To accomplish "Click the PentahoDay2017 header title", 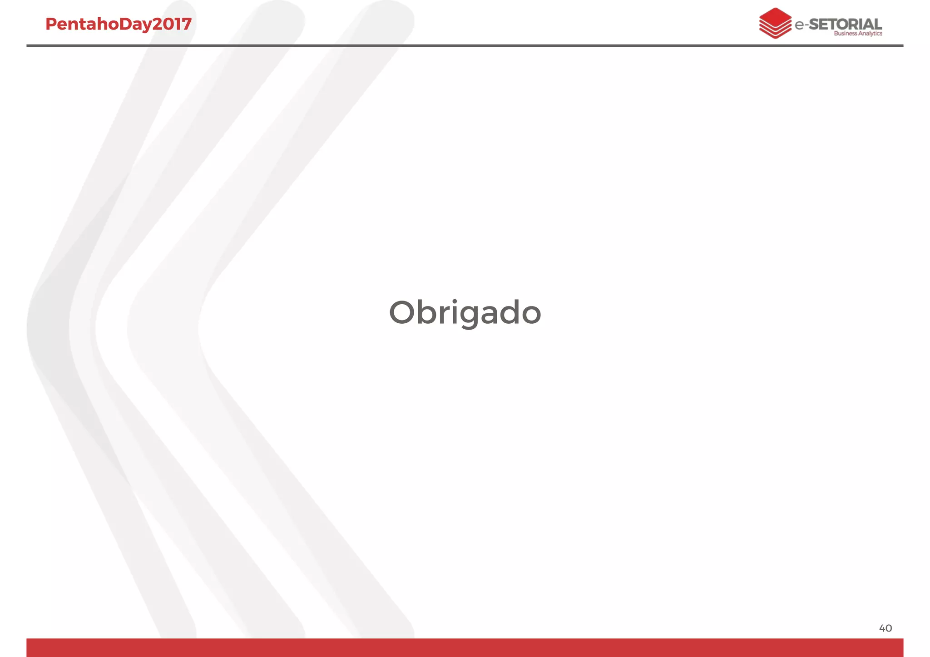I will (x=119, y=24).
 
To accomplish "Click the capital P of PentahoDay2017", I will (x=51, y=24).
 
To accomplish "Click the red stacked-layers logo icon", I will (x=775, y=23).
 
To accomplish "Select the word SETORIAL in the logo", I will (x=845, y=24).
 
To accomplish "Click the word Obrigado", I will (x=465, y=313).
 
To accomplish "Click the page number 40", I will (x=885, y=628).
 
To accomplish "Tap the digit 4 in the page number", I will (x=882, y=628).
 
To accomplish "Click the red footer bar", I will (x=465, y=647).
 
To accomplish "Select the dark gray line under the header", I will (x=465, y=45).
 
